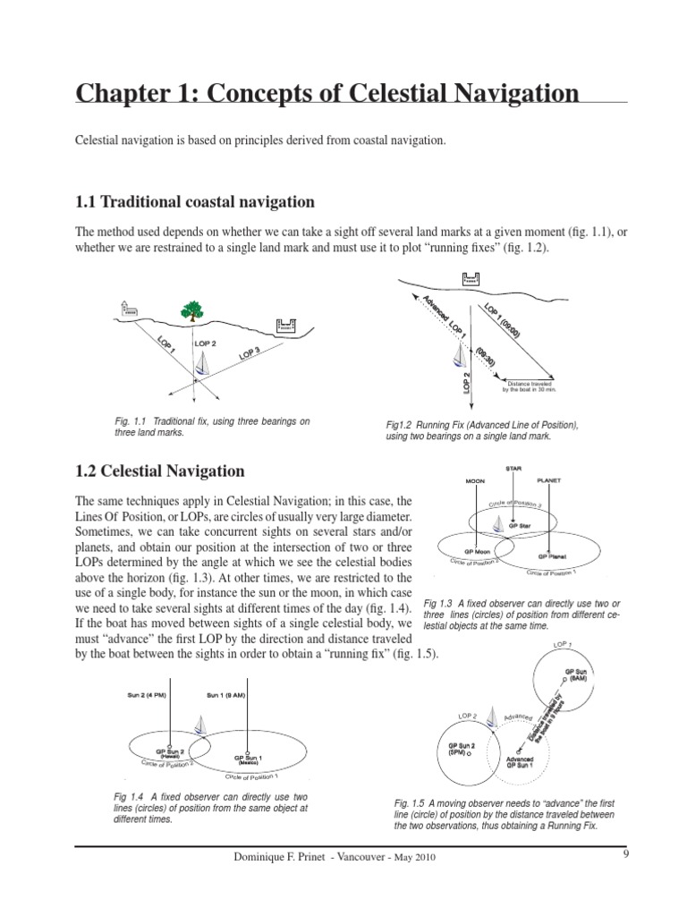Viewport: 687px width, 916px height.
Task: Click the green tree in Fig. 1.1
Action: pos(191,310)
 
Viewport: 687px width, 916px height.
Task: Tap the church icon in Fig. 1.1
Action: pos(125,310)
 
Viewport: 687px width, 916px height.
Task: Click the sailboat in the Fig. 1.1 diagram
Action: pos(205,363)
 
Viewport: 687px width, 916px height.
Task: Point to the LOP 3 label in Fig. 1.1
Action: pos(250,354)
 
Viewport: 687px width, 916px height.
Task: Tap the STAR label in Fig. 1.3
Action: pos(513,468)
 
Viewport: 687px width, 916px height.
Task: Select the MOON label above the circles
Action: pos(474,480)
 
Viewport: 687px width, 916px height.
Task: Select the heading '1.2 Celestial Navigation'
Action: pos(160,471)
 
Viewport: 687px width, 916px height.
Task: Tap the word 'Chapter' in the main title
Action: pos(119,93)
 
